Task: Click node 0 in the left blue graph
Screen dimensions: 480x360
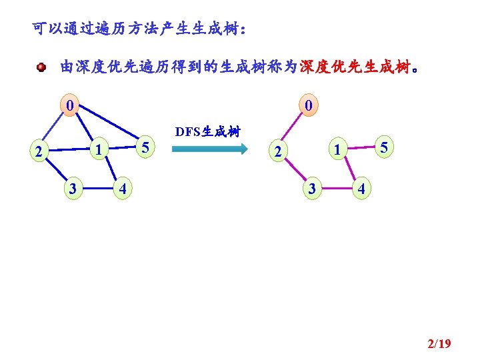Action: (x=69, y=105)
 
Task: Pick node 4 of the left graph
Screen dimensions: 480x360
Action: (x=121, y=189)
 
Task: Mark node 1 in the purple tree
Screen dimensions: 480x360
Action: (x=338, y=151)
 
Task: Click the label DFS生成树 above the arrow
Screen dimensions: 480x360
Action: (x=207, y=131)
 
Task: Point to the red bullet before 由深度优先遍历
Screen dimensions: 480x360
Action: (x=41, y=67)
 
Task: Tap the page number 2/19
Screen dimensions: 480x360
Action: (x=439, y=344)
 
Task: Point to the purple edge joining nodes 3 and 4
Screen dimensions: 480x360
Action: (x=336, y=189)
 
